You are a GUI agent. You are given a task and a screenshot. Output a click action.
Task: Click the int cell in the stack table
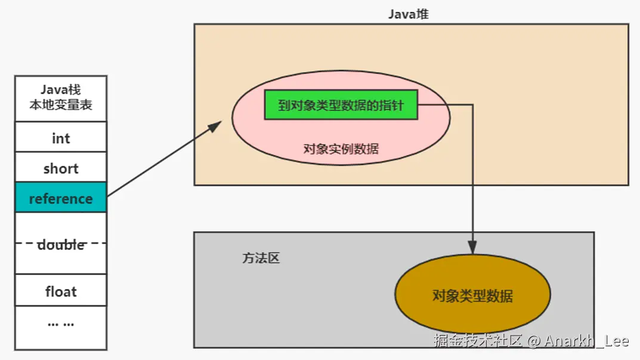(x=61, y=138)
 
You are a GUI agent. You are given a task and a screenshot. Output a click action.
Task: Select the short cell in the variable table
(x=61, y=169)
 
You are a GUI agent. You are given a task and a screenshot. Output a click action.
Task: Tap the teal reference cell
(x=61, y=198)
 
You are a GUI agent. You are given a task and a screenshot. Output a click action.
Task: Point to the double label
(x=61, y=244)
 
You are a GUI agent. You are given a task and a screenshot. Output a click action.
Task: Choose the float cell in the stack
(x=61, y=291)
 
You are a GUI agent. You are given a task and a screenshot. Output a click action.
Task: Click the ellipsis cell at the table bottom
(x=61, y=324)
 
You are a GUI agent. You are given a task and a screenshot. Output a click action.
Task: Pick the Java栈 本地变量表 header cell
(x=61, y=99)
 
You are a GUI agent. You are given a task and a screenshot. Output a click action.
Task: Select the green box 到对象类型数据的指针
(x=341, y=105)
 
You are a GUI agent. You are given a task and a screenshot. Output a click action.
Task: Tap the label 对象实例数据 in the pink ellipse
(x=341, y=149)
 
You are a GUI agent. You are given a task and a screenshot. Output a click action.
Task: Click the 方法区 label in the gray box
(x=261, y=259)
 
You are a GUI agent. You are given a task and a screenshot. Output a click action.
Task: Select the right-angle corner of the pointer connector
(x=472, y=105)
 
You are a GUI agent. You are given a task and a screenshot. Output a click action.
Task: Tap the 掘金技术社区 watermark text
(x=478, y=341)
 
